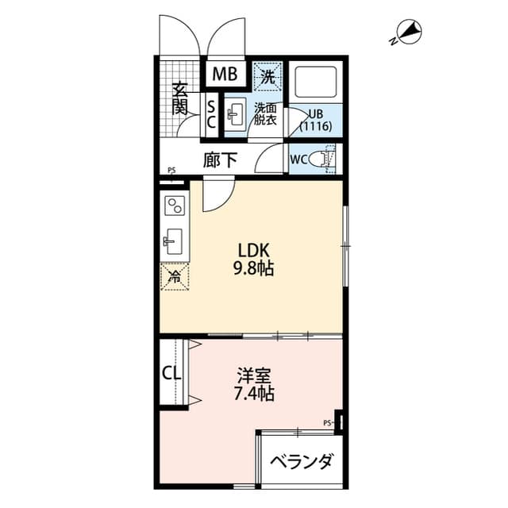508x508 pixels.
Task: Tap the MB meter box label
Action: point(225,75)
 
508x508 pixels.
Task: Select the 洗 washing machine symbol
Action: point(268,77)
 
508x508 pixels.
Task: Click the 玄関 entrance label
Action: point(180,98)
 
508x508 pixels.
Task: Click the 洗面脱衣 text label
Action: point(266,114)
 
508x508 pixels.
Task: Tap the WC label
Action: point(299,160)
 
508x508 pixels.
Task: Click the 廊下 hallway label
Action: point(220,160)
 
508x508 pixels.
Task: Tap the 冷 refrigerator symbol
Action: point(175,276)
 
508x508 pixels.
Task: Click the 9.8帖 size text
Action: point(253,268)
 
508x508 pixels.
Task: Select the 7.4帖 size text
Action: point(255,392)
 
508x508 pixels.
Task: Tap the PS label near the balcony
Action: point(327,422)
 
